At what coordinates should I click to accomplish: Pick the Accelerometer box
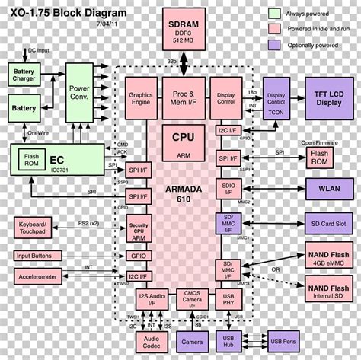tap(36, 277)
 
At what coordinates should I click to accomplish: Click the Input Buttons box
tap(36, 256)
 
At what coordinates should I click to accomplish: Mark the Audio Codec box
tap(152, 342)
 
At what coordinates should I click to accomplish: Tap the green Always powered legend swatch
tap(275, 14)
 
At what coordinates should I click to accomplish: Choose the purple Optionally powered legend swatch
tap(275, 44)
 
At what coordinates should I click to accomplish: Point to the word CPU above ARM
tap(183, 139)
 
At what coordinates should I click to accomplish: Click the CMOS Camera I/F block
tap(192, 299)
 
